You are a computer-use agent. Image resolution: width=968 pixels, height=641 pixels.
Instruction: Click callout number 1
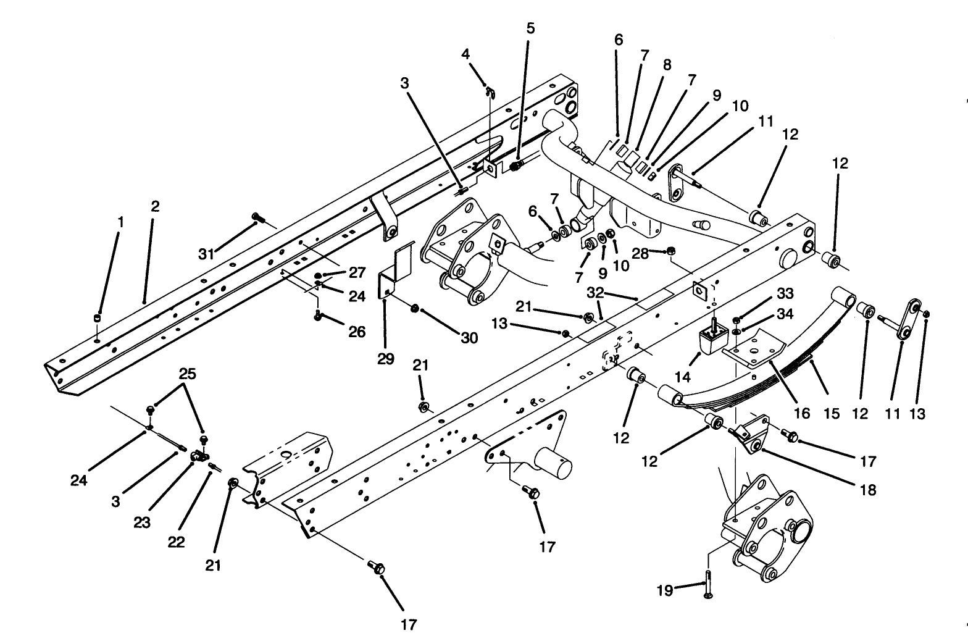pyautogui.click(x=121, y=221)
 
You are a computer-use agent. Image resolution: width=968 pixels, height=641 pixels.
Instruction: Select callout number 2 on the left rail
pyautogui.click(x=155, y=206)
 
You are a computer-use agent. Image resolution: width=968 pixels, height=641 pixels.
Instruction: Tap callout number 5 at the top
pyautogui.click(x=531, y=28)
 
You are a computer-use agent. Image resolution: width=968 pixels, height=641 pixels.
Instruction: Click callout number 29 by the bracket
pyautogui.click(x=386, y=359)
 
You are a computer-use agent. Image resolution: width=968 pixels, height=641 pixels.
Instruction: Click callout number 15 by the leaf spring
pyautogui.click(x=832, y=413)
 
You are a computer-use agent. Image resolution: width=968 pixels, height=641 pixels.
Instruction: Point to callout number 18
pyautogui.click(x=867, y=490)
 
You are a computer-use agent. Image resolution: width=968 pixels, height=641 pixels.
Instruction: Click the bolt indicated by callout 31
pyautogui.click(x=259, y=217)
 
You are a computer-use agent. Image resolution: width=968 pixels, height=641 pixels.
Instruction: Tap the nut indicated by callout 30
pyautogui.click(x=415, y=308)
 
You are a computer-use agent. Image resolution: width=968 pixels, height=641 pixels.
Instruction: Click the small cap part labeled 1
pyautogui.click(x=97, y=318)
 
